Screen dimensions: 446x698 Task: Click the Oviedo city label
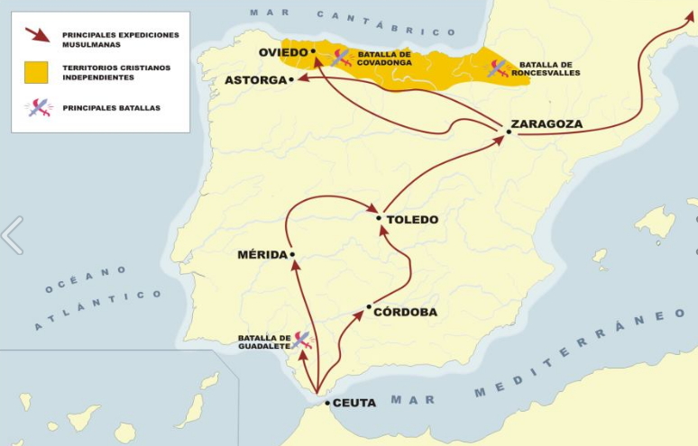pyautogui.click(x=283, y=52)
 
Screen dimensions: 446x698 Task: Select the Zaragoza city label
pyautogui.click(x=546, y=123)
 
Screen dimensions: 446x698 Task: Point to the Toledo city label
pyautogui.click(x=412, y=219)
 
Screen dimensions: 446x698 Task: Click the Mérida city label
pyautogui.click(x=262, y=254)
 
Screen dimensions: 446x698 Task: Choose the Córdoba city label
pyautogui.click(x=407, y=312)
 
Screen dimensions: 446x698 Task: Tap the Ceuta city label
pyautogui.click(x=354, y=403)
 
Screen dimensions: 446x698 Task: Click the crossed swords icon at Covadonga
pyautogui.click(x=341, y=59)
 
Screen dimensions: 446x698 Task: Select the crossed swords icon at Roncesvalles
pyautogui.click(x=498, y=68)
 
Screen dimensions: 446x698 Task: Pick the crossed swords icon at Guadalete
pyautogui.click(x=301, y=340)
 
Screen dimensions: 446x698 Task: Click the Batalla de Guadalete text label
pyautogui.click(x=263, y=341)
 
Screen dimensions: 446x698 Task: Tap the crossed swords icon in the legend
pyautogui.click(x=38, y=107)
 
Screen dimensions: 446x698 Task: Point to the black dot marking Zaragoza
pyautogui.click(x=509, y=132)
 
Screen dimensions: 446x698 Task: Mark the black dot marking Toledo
pyautogui.click(x=379, y=217)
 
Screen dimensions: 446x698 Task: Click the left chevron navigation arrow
pyautogui.click(x=12, y=235)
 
